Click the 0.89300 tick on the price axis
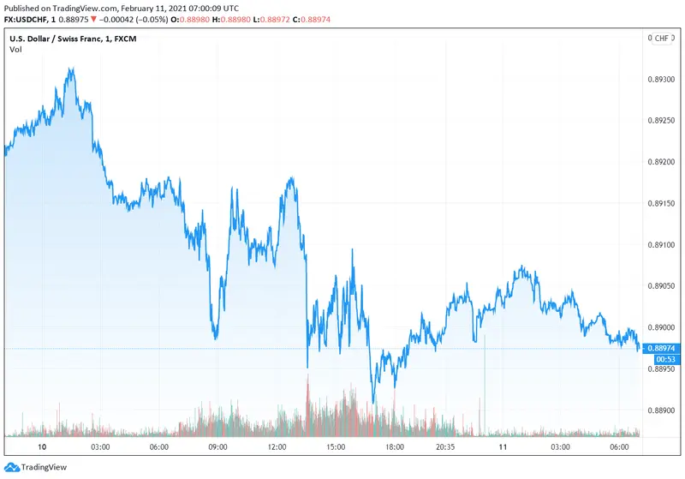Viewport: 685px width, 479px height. (x=664, y=80)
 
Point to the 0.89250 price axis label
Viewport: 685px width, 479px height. (x=664, y=121)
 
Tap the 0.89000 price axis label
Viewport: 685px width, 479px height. (x=664, y=327)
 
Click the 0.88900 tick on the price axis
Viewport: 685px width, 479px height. (x=664, y=410)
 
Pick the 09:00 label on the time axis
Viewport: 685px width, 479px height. (x=217, y=446)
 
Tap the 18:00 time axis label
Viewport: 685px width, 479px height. (x=394, y=446)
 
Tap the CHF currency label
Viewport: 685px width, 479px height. (x=662, y=39)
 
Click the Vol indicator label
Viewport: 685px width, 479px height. (x=16, y=49)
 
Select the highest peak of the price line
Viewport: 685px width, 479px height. (x=70, y=69)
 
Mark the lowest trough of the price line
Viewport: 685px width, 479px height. (x=373, y=402)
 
